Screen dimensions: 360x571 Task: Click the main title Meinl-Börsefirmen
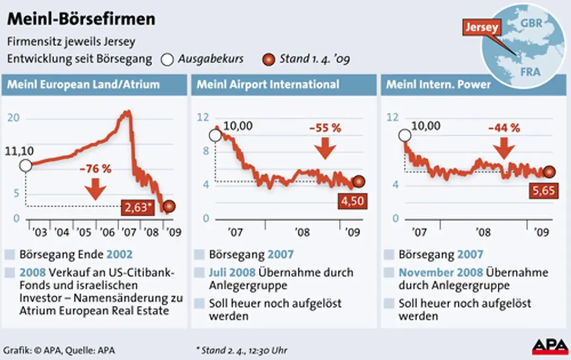(x=81, y=19)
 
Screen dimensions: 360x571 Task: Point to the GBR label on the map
(x=532, y=23)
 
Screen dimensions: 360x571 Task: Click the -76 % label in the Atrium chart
(x=95, y=169)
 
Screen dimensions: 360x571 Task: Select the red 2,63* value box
(x=140, y=207)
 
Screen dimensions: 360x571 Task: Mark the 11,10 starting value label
(x=20, y=151)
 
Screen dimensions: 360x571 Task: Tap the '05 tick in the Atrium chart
(x=85, y=233)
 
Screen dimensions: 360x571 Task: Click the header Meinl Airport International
(x=268, y=85)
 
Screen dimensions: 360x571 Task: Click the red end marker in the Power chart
(x=550, y=172)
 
